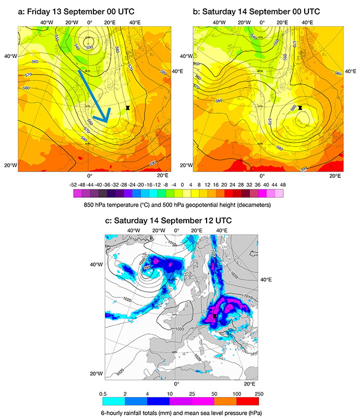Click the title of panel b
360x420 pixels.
(256, 10)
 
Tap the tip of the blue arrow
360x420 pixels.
(107, 123)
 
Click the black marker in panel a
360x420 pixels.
(128, 107)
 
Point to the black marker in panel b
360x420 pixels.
(300, 107)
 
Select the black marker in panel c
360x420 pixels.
(214, 316)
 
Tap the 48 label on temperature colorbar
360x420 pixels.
(283, 184)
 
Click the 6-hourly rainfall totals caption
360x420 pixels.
(179, 412)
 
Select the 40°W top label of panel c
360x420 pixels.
(134, 230)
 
